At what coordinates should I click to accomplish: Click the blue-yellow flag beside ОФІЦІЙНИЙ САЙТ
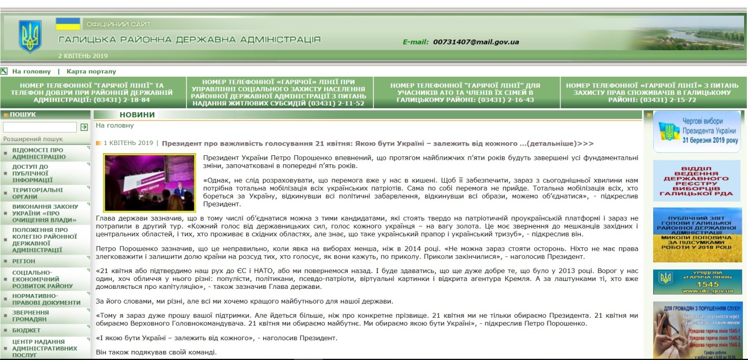[x=68, y=24]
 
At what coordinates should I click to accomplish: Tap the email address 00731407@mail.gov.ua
[x=476, y=42]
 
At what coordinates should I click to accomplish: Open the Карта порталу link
[x=91, y=72]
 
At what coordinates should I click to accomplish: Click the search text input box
[x=40, y=128]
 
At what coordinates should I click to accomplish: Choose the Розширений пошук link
[x=33, y=139]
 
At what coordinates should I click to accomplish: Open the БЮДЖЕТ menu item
[x=27, y=330]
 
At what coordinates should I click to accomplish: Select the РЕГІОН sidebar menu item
[x=24, y=261]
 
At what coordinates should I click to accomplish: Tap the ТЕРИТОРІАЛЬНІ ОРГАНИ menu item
[x=38, y=194]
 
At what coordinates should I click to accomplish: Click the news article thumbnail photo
[x=149, y=182]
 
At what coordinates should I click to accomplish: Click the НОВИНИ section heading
[x=137, y=115]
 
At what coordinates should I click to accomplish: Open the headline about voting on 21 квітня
[x=378, y=143]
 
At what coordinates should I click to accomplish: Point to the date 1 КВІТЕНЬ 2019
[x=128, y=143]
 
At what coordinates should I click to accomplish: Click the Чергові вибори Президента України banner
[x=697, y=131]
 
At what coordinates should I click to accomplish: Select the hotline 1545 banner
[x=697, y=282]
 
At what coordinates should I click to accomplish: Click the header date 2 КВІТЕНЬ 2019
[x=83, y=56]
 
